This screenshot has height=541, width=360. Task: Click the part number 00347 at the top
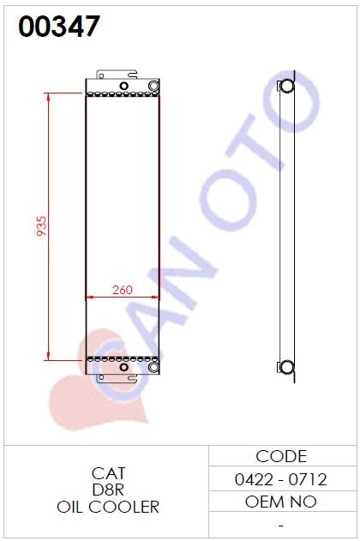point(59,27)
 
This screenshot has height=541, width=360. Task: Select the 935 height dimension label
point(41,226)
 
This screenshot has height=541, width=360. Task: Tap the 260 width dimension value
point(122,290)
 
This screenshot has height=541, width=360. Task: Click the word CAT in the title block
point(108,473)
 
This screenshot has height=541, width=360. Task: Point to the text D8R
point(108,490)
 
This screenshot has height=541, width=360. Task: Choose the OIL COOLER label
point(108,508)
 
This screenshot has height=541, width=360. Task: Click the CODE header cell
point(281,456)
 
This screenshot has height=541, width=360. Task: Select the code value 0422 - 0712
point(280,479)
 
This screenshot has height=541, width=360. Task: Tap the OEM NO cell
point(280,502)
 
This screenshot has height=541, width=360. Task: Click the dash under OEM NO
point(281,526)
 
